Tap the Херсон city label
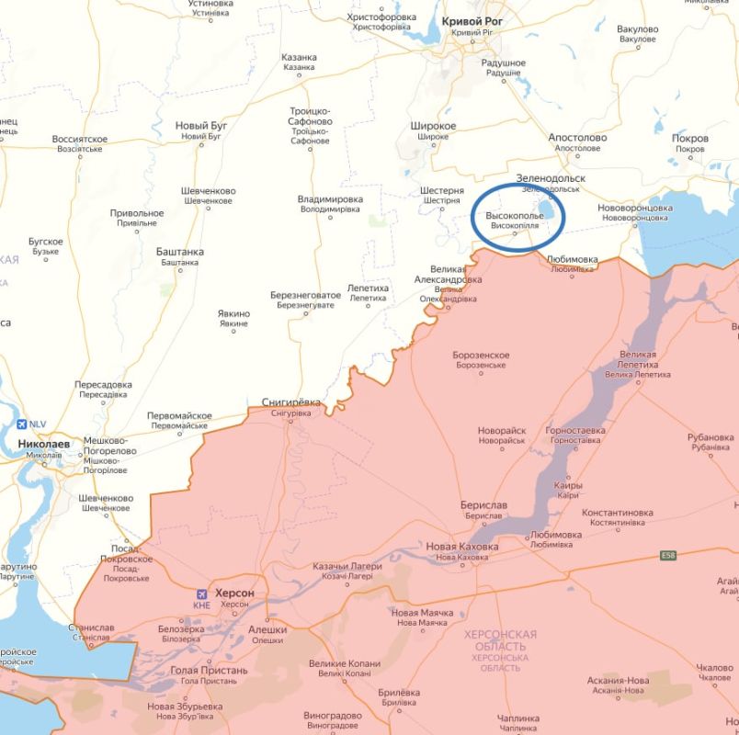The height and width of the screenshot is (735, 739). pyautogui.click(x=233, y=594)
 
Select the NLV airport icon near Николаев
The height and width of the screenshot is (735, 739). pyautogui.click(x=23, y=424)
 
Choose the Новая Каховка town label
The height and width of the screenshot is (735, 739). pyautogui.click(x=461, y=547)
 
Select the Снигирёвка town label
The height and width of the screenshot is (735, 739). pyautogui.click(x=291, y=402)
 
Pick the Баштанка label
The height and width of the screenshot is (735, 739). pyautogui.click(x=180, y=252)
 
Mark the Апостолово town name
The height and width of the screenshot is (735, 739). pyautogui.click(x=577, y=138)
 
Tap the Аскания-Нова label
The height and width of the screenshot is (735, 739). pyautogui.click(x=619, y=681)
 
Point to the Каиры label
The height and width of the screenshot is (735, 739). pyautogui.click(x=568, y=485)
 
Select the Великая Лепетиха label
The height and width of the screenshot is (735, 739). pyautogui.click(x=638, y=359)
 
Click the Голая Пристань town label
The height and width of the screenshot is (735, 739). pyautogui.click(x=209, y=671)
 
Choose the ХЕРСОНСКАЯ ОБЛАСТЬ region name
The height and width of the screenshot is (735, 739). pyautogui.click(x=500, y=640)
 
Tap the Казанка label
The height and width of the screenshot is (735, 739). pyautogui.click(x=299, y=57)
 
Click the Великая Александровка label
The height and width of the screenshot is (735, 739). pyautogui.click(x=449, y=274)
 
